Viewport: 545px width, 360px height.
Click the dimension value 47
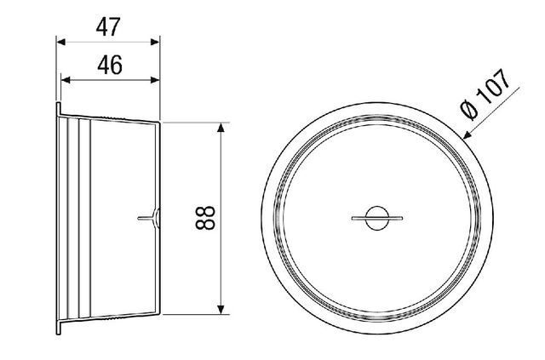[108, 27]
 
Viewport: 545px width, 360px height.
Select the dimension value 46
[110, 65]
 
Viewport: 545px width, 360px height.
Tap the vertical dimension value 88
[205, 218]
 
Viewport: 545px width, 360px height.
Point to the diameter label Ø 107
[485, 94]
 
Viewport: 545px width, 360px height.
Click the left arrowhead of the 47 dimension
[61, 42]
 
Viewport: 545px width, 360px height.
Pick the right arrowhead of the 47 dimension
[155, 42]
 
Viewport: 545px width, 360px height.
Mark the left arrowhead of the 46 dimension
[66, 80]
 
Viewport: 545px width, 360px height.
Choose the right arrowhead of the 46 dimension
[155, 80]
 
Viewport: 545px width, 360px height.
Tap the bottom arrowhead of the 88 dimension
[221, 310]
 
